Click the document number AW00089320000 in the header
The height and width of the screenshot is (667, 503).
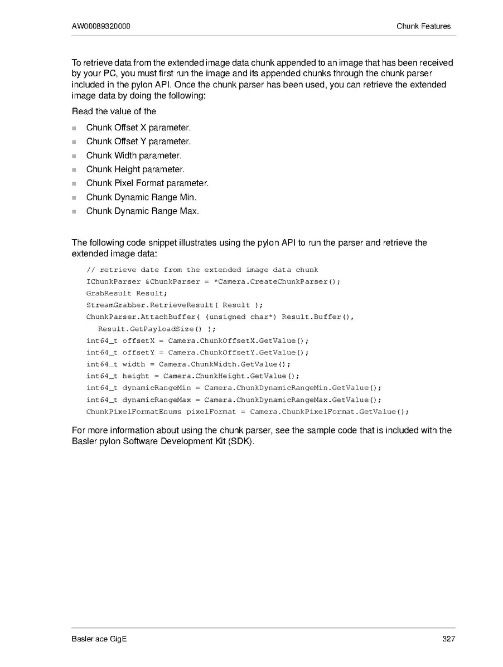(101, 26)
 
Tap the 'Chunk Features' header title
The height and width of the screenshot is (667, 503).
(423, 26)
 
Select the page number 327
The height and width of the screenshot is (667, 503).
(448, 639)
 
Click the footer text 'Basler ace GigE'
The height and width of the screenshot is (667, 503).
(99, 639)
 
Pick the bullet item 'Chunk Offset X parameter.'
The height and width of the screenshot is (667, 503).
(134, 128)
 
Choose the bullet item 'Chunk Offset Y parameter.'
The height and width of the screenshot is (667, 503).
(134, 142)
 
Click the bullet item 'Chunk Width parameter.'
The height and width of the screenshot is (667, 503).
(134, 155)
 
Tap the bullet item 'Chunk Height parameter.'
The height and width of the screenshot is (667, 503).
(135, 169)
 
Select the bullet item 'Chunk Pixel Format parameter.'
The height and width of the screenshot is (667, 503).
(147, 183)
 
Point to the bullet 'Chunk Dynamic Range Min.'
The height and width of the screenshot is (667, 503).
(141, 197)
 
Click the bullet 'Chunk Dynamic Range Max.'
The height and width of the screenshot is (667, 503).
(142, 211)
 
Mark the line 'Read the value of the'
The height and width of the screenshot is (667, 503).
(114, 111)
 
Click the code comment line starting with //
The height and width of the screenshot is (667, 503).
(202, 270)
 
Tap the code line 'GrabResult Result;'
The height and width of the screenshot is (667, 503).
(127, 293)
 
